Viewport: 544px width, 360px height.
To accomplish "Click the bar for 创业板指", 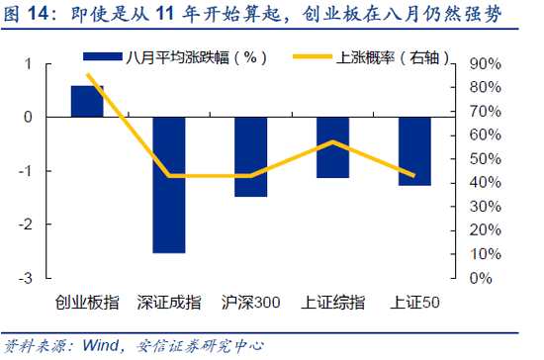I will coord(87,101).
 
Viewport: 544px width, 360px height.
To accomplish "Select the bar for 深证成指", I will coord(168,184).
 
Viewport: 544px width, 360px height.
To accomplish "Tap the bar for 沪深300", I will coord(250,156).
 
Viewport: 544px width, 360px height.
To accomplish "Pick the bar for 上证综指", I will coord(332,147).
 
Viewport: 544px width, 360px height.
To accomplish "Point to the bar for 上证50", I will coord(414,151).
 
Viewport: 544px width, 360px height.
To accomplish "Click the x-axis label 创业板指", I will coord(87,303).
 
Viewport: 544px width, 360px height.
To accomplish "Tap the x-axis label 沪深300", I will coord(250,303).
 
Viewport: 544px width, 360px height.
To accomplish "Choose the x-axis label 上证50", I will coord(414,303).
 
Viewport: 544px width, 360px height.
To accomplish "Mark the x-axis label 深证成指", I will coord(168,303).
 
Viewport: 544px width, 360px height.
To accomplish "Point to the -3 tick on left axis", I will coord(27,278).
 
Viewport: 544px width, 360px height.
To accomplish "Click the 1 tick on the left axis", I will coord(29,64).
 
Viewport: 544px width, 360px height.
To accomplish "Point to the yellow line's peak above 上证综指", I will coord(332,142).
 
